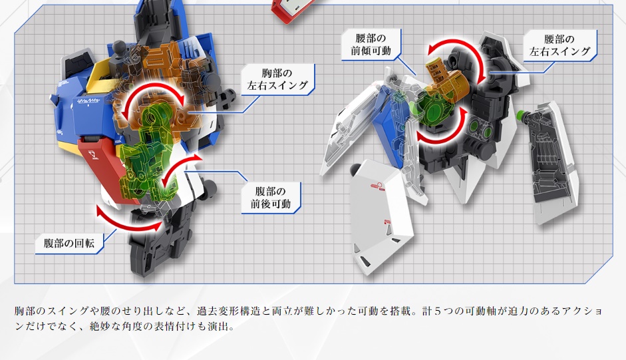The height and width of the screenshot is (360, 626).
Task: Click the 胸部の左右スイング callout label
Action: [277, 79]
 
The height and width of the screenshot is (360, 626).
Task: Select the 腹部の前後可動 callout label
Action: [271, 198]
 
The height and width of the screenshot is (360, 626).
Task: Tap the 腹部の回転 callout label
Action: [69, 243]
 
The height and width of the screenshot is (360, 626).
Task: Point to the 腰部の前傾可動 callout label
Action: [371, 45]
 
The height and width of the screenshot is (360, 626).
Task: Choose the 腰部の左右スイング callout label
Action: [559, 45]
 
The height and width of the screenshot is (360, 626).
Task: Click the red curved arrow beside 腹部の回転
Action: [128, 222]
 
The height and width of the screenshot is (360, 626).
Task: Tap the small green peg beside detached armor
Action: [521, 116]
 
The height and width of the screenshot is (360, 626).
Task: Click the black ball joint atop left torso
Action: [119, 47]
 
